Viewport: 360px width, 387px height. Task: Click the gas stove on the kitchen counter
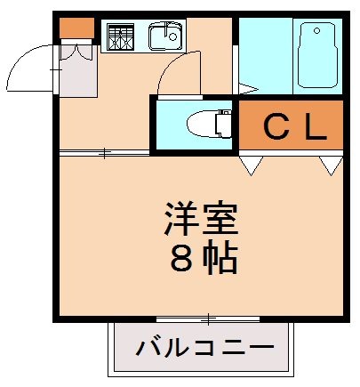pyautogui.click(x=118, y=36)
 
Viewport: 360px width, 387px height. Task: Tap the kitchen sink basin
pyautogui.click(x=165, y=36)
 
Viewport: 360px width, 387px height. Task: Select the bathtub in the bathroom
pyautogui.click(x=317, y=56)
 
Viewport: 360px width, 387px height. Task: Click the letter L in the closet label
pyautogui.click(x=312, y=129)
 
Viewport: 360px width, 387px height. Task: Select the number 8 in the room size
pyautogui.click(x=180, y=258)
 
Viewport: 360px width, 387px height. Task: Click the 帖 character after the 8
pyautogui.click(x=220, y=258)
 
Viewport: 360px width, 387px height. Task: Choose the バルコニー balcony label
pyautogui.click(x=200, y=347)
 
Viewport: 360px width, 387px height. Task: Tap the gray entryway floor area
pyautogui.click(x=77, y=74)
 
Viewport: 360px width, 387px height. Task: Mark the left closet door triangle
pyautogui.click(x=250, y=165)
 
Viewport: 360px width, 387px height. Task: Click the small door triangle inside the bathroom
pyautogui.click(x=245, y=87)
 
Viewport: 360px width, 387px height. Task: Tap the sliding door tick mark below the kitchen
pyautogui.click(x=104, y=154)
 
